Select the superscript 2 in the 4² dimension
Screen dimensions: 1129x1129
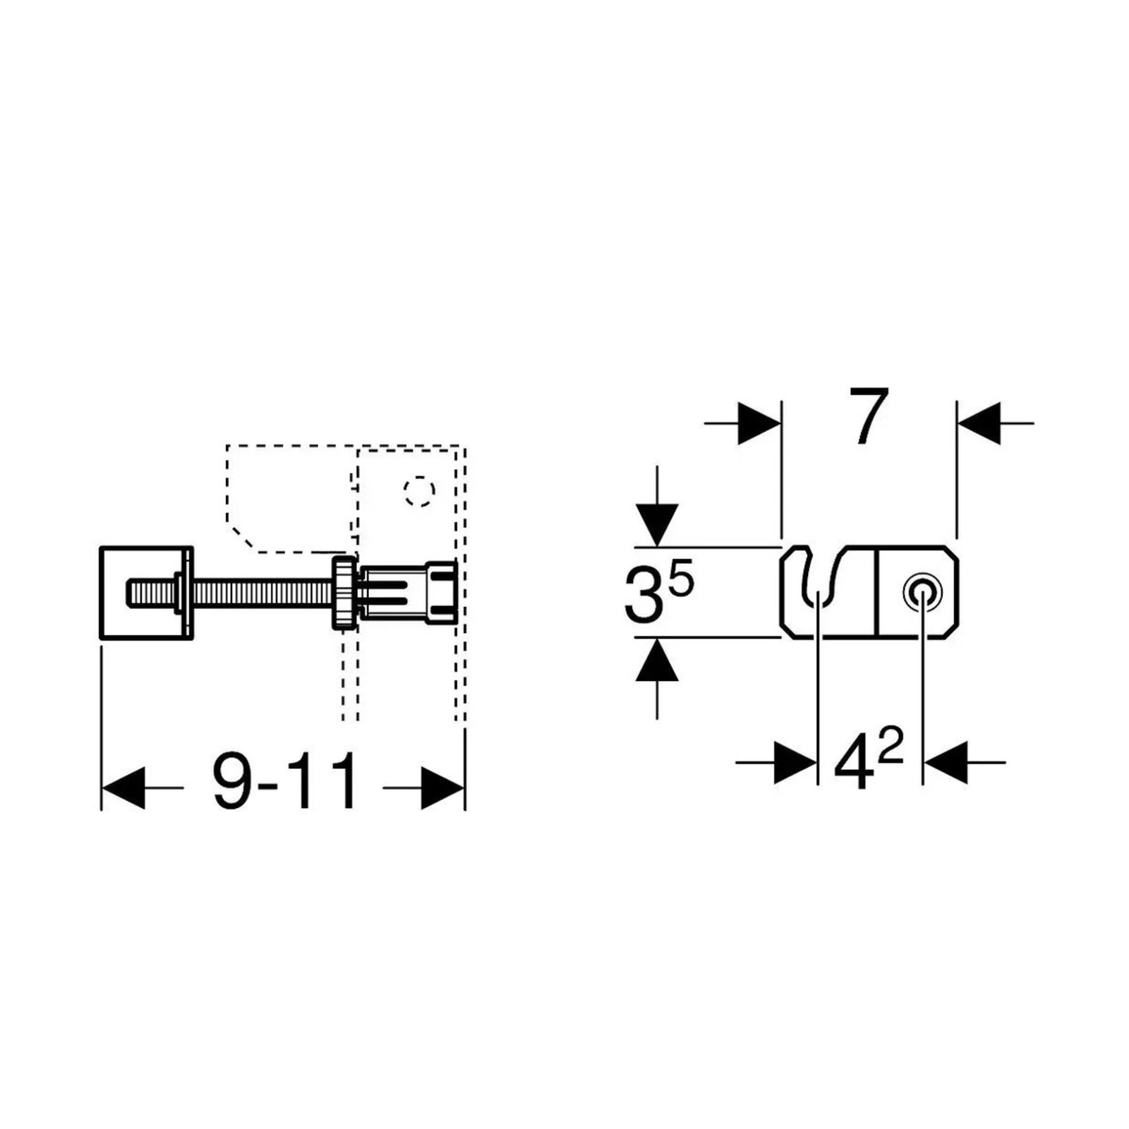coord(890,749)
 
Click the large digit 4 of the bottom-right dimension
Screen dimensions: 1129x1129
coord(852,766)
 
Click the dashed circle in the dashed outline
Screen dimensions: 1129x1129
coord(419,490)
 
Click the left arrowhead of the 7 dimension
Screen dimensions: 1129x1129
coord(759,423)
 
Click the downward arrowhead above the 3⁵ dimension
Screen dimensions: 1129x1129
coord(657,525)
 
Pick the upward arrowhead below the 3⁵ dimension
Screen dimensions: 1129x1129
coord(657,660)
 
